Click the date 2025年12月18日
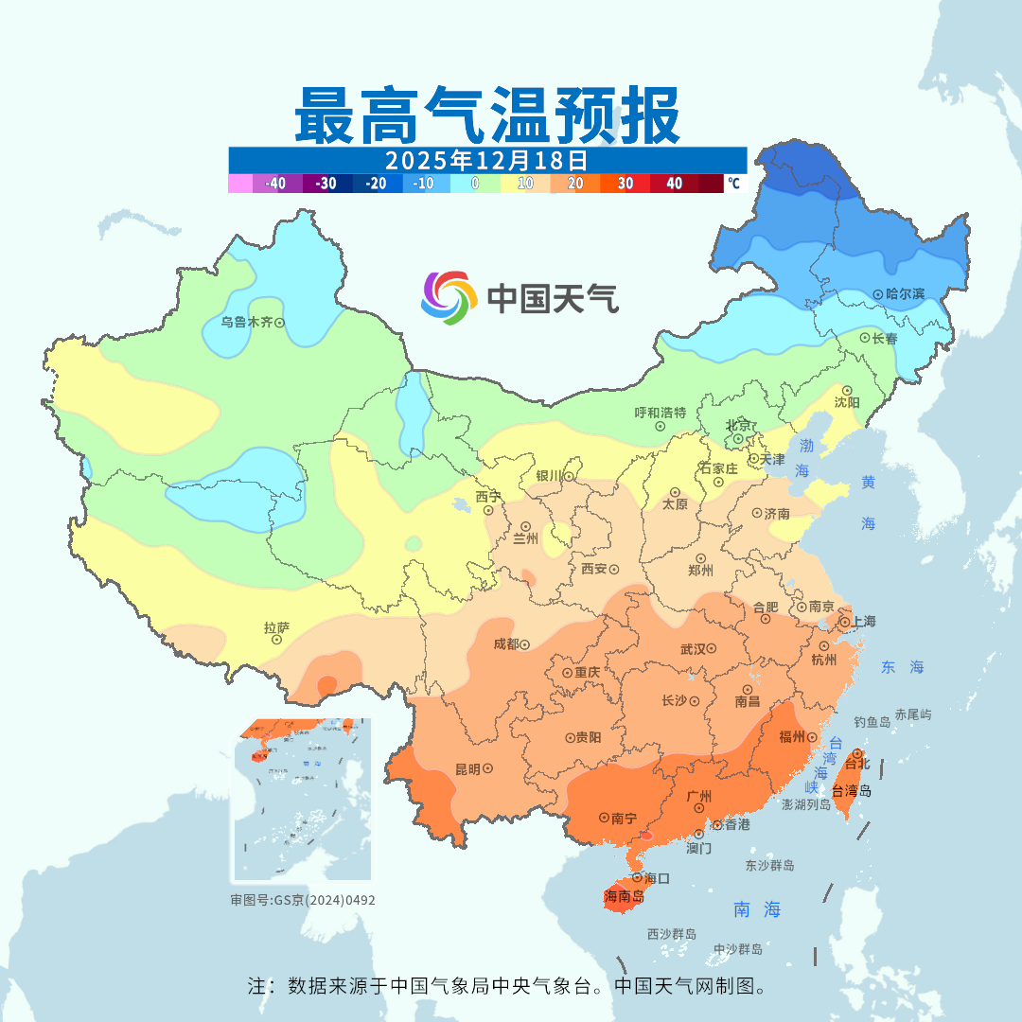486,159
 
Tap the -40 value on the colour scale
276,184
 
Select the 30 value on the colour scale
626,184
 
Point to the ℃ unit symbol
733,183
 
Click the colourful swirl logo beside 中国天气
448,298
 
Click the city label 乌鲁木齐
246,322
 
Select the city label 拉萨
276,627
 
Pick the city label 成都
506,643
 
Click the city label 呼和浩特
661,413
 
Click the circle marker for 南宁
604,817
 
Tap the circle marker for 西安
614,570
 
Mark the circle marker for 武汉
712,649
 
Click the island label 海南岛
624,896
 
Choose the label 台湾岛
852,791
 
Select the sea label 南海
757,909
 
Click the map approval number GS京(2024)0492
303,900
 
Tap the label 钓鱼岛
872,722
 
